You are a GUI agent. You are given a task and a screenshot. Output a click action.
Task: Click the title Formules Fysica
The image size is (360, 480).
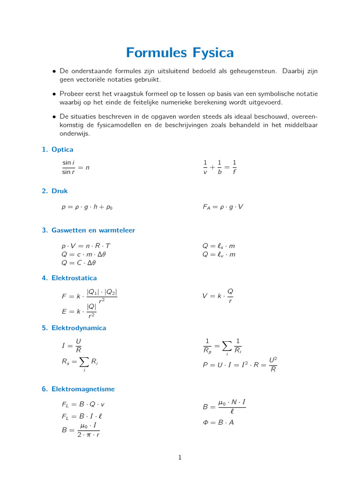(x=180, y=52)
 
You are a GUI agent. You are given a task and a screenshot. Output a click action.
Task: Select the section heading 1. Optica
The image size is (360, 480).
(x=57, y=150)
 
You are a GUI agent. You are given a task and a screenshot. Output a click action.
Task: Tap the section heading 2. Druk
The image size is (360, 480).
(x=55, y=191)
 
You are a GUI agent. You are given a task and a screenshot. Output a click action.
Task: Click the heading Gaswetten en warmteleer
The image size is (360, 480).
(x=93, y=230)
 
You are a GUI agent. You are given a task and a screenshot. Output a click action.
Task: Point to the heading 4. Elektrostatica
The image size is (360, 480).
(x=69, y=278)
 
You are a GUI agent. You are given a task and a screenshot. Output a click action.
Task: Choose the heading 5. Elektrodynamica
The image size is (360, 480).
(x=74, y=328)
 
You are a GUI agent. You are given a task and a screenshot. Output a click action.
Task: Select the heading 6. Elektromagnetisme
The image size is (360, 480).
(x=78, y=389)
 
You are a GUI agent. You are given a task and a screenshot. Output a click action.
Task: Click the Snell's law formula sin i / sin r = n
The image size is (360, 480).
(x=75, y=167)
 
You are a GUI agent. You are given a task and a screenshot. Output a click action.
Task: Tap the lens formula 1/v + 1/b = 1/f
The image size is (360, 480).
(x=219, y=167)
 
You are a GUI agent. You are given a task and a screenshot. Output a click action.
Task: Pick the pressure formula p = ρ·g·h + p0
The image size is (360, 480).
(x=87, y=207)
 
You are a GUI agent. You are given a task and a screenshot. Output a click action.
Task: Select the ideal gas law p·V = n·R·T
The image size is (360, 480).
(x=86, y=246)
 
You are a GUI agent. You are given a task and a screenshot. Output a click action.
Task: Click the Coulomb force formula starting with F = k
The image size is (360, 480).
(x=89, y=297)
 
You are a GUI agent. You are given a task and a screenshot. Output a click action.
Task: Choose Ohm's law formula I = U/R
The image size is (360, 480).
(x=72, y=346)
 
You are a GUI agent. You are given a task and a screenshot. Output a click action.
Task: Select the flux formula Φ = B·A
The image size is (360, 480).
(x=218, y=422)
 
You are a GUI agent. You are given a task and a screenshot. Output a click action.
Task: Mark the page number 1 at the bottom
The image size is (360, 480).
(x=180, y=458)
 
